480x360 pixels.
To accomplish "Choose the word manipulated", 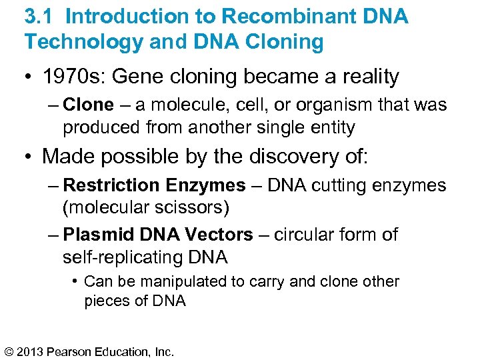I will [189, 281].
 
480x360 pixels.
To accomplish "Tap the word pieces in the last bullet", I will [104, 301].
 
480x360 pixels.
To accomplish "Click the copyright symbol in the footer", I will [9, 351].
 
